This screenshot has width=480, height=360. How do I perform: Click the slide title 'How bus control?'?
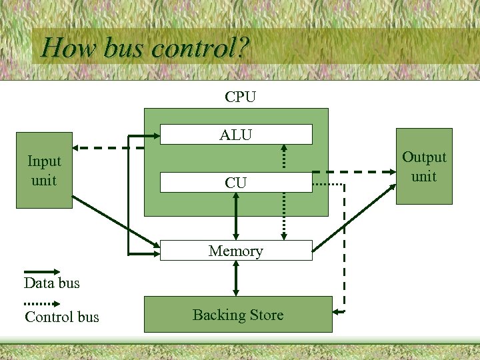click(145, 47)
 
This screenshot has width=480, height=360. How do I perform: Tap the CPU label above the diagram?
click(240, 97)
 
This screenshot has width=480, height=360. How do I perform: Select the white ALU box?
click(236, 135)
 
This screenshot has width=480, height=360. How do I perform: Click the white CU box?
click(236, 183)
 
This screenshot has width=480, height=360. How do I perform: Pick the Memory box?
click(236, 251)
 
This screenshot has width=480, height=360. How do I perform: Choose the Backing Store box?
click(238, 315)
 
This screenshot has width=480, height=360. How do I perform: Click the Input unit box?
click(44, 171)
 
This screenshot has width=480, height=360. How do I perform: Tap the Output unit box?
click(424, 167)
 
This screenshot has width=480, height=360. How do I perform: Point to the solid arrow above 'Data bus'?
click(42, 272)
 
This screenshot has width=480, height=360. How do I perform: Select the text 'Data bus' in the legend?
click(51, 283)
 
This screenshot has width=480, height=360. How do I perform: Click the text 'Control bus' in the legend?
click(61, 317)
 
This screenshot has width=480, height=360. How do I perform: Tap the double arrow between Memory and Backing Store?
click(235, 278)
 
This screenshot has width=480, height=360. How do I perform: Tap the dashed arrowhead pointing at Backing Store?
click(338, 312)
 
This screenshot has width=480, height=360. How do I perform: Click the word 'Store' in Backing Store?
click(266, 315)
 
